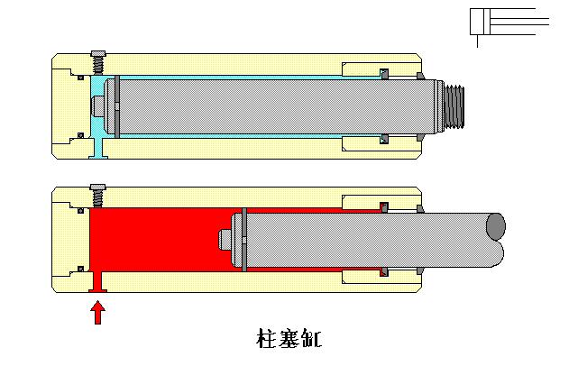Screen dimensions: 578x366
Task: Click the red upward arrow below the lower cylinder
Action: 98,312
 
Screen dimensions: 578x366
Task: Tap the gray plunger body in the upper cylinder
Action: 271,106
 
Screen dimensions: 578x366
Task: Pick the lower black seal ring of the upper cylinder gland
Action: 382,139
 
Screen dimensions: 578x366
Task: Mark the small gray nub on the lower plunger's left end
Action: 225,239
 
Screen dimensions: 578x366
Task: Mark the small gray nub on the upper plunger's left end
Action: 99,106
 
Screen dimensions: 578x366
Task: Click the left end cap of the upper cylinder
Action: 67,106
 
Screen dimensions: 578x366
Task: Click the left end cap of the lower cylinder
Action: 67,239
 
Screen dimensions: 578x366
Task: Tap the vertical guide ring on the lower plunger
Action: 242,239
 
